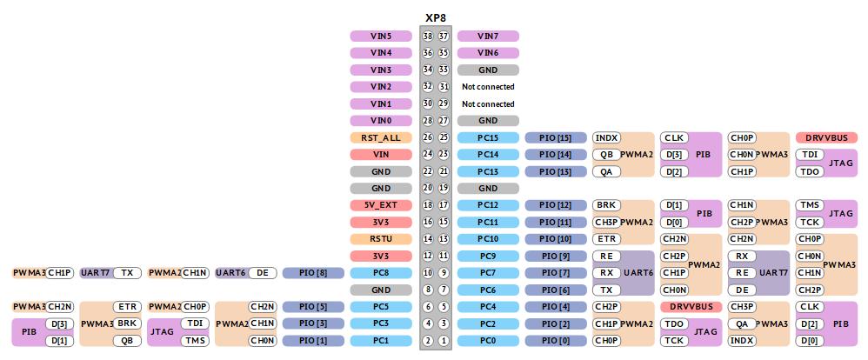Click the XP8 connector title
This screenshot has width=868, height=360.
435,17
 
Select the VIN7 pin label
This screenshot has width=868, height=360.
488,36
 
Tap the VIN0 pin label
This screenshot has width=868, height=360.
381,121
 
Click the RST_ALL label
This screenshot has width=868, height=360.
381,138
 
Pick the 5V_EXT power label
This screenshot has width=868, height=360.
381,205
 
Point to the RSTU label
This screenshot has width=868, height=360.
381,239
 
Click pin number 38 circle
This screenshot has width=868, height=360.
427,36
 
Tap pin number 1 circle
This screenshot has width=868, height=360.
444,341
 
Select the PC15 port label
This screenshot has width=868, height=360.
488,138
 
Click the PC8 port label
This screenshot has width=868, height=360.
381,273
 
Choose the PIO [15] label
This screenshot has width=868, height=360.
556,138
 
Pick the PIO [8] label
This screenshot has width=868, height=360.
313,273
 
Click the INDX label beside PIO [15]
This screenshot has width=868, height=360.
607,138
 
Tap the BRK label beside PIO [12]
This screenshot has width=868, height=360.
607,205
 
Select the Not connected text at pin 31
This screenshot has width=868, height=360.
488,87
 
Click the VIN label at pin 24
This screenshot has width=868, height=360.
381,155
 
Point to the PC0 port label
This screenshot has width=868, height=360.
488,341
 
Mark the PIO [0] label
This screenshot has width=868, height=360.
556,341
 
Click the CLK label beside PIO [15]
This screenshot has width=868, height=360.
674,138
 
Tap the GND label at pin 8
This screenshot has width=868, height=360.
381,290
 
